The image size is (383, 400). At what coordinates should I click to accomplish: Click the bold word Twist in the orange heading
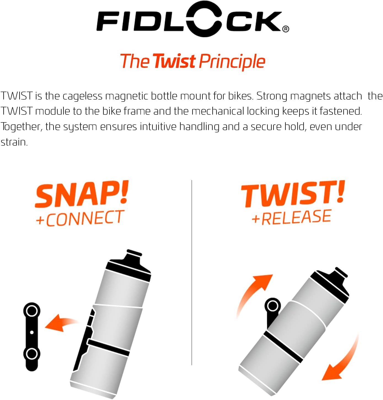click(x=174, y=61)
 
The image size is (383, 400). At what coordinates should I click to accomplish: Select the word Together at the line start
click(x=21, y=127)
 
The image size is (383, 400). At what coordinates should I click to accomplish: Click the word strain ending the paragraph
click(x=14, y=142)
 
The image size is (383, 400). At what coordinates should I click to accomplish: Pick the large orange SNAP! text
click(x=82, y=194)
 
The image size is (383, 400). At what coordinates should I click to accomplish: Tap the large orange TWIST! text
click(x=293, y=194)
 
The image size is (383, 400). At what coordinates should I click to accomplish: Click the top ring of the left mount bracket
click(x=32, y=311)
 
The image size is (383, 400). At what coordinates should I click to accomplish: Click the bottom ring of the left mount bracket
click(x=32, y=353)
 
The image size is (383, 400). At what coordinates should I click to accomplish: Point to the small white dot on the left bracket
click(x=32, y=332)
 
